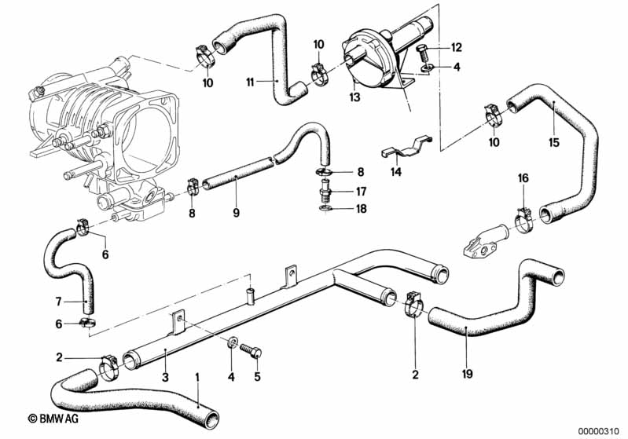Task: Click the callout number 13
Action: [354, 97]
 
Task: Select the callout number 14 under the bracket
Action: [396, 172]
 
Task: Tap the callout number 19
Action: [467, 374]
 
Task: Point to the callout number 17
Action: [361, 192]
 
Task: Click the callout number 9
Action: [236, 213]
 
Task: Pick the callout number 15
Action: [554, 142]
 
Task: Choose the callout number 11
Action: [250, 82]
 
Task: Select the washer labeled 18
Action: [325, 208]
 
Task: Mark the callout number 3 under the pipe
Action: [165, 377]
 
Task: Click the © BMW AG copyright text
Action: [53, 419]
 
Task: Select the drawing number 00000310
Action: [600, 431]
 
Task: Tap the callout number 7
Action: [58, 301]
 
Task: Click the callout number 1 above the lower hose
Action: [196, 377]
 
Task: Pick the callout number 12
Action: [456, 47]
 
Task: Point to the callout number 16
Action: [523, 178]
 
